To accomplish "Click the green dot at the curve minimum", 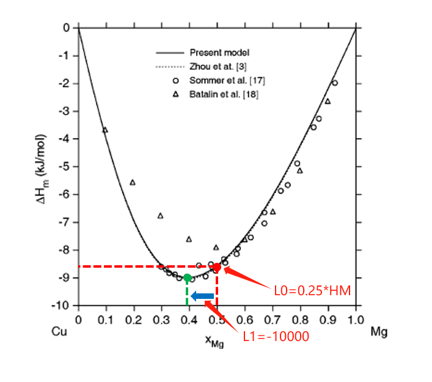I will [188, 278].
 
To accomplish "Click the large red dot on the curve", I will [217, 267].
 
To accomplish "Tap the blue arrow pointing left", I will [202, 296].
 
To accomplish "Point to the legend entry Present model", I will [219, 53].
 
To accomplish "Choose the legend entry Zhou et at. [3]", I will [219, 66].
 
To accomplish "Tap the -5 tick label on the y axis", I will [64, 166].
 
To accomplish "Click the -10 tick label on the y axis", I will [62, 305].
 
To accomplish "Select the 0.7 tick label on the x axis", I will [273, 319].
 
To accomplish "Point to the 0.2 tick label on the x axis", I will [134, 319].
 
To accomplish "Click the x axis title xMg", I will [214, 343].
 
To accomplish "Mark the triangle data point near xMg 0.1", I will [105, 130].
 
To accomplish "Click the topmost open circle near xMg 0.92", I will [334, 83].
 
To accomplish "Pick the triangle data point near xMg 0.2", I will [133, 182].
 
